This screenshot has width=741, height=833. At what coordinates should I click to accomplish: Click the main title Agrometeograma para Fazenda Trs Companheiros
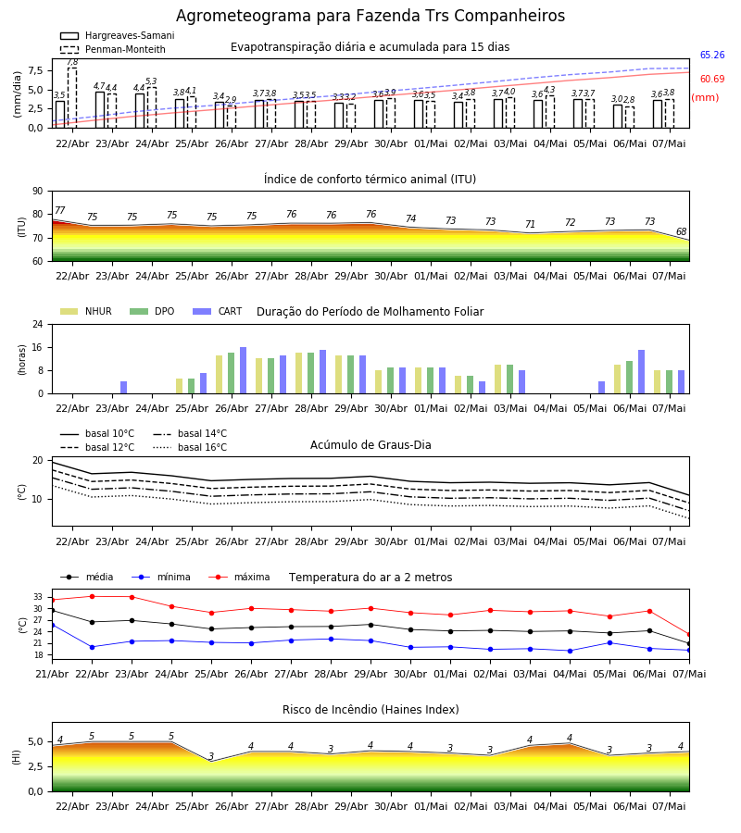pyautogui.click(x=370, y=16)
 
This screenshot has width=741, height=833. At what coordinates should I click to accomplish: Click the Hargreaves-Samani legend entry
pyautogui.click(x=117, y=35)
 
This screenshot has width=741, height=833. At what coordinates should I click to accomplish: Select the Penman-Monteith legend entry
pyautogui.click(x=113, y=49)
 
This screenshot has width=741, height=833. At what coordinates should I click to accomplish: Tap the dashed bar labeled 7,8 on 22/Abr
pyautogui.click(x=72, y=98)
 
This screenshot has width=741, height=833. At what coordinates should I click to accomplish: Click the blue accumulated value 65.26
pyautogui.click(x=712, y=55)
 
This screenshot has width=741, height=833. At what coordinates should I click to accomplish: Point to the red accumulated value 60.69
pyautogui.click(x=712, y=79)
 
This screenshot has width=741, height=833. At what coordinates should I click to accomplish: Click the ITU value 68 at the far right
pyautogui.click(x=681, y=231)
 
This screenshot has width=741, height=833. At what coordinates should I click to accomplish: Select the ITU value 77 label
pyautogui.click(x=60, y=210)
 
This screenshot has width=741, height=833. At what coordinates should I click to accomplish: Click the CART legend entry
pyautogui.click(x=217, y=311)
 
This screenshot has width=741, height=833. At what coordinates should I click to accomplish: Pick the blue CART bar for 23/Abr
pyautogui.click(x=123, y=387)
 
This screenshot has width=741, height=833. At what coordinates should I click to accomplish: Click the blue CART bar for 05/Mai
pyautogui.click(x=601, y=387)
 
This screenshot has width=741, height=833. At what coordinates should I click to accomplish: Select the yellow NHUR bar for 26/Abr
pyautogui.click(x=219, y=375)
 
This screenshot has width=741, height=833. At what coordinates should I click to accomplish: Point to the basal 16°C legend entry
pyautogui.click(x=190, y=447)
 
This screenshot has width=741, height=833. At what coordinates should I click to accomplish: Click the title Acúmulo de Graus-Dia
pyautogui.click(x=370, y=445)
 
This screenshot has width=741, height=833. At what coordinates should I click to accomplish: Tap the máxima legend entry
pyautogui.click(x=239, y=577)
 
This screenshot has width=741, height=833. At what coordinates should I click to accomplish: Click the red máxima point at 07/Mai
pyautogui.click(x=689, y=635)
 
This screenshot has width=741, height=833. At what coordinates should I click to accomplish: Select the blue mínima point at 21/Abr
pyautogui.click(x=52, y=626)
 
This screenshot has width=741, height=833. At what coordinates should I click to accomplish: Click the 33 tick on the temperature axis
pyautogui.click(x=38, y=597)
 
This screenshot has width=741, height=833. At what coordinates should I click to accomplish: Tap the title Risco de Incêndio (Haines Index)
pyautogui.click(x=370, y=710)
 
